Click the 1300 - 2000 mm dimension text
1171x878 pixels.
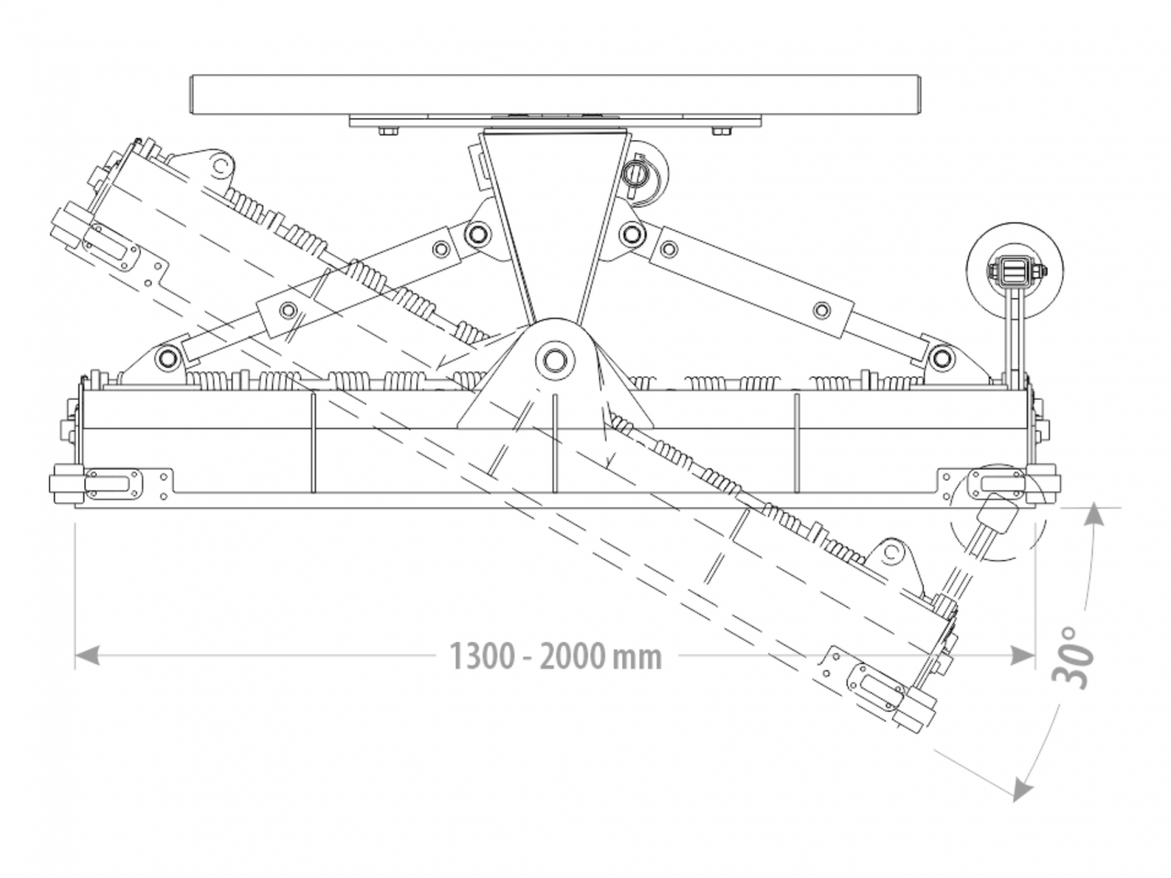coord(555,656)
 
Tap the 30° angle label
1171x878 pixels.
coord(1075,656)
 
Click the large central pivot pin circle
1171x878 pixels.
coord(553,359)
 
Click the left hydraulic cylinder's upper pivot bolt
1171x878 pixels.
coord(477,233)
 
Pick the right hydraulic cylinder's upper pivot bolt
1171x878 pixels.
coord(631,234)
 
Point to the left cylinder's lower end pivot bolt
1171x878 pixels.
coord(168,358)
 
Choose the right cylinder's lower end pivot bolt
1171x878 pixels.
coord(941,358)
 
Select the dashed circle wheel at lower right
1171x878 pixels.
coord(997,512)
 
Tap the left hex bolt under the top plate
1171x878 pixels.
coord(387,131)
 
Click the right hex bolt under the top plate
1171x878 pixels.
coord(720,131)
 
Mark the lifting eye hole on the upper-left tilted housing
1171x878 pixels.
coord(220,165)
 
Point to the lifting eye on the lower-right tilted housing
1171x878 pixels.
coord(892,552)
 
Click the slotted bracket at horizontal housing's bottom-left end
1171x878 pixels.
coord(113,484)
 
